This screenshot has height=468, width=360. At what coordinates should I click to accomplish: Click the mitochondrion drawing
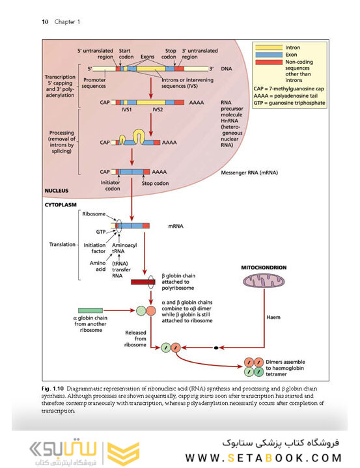[264, 281]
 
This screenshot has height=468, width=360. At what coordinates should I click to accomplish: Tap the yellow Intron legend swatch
[269, 48]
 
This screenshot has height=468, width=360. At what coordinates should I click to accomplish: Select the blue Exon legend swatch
[269, 55]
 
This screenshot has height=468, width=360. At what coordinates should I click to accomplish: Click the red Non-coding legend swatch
[269, 62]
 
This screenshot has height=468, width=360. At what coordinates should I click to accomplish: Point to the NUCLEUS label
[57, 191]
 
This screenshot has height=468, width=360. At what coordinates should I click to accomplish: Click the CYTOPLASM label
[61, 205]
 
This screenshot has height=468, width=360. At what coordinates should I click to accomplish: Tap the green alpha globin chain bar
[90, 310]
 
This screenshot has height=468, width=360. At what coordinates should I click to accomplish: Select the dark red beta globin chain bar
[143, 282]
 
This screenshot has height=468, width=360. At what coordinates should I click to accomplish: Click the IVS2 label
[158, 109]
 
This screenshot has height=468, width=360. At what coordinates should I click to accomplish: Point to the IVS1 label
[126, 109]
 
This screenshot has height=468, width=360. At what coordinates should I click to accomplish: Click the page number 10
[45, 21]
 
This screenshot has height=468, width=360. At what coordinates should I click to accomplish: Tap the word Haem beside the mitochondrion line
[273, 317]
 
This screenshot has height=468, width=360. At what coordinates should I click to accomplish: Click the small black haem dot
[216, 348]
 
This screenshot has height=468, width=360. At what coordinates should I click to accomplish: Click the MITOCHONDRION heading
[264, 268]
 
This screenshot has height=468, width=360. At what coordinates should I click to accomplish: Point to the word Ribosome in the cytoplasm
[94, 214]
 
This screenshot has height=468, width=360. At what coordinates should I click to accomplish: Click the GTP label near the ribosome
[101, 232]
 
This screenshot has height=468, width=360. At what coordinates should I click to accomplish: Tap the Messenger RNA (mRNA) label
[249, 172]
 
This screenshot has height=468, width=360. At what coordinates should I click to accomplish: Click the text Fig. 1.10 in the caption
[53, 389]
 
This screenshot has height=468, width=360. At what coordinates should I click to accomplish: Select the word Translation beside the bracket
[62, 245]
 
